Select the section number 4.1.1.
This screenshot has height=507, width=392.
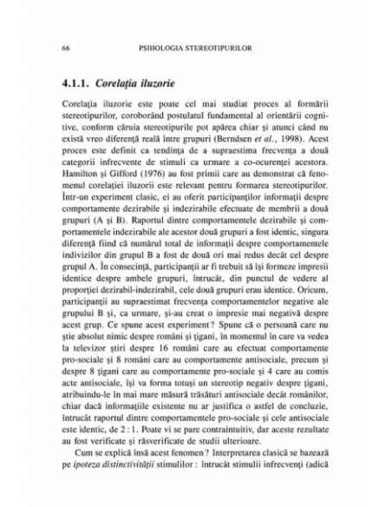(x=73, y=85)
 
